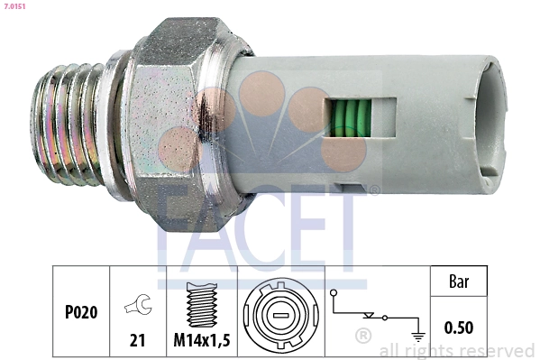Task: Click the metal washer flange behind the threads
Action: pyautogui.click(x=114, y=117)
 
